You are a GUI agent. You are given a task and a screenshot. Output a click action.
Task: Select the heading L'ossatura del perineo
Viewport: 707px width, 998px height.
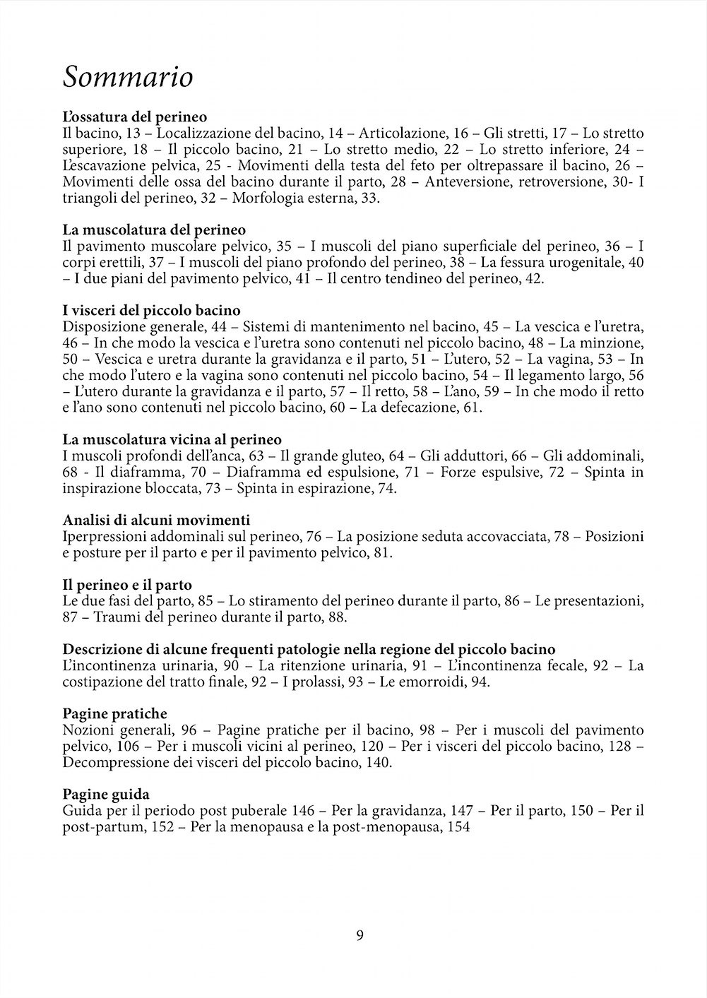pos(134,117)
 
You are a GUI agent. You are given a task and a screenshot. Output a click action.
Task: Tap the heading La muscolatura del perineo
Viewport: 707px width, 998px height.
pos(154,230)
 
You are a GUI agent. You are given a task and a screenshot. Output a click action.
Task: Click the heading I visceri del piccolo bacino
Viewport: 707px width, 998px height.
pos(152,310)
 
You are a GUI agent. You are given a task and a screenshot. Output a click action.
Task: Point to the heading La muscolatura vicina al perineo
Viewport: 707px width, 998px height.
pos(172,439)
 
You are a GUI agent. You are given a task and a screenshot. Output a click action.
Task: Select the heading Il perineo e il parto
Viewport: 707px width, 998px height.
pos(127,585)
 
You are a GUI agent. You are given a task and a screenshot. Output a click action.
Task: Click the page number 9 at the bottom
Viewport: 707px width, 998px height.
pos(360,936)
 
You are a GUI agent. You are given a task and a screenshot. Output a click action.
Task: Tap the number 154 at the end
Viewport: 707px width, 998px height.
pos(458,827)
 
